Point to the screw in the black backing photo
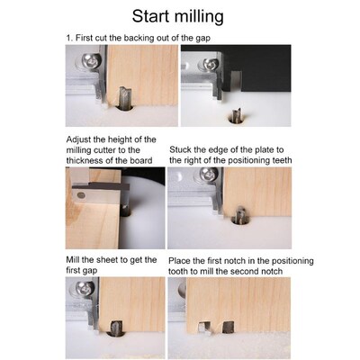[210, 65]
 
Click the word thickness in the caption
[90, 160]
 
